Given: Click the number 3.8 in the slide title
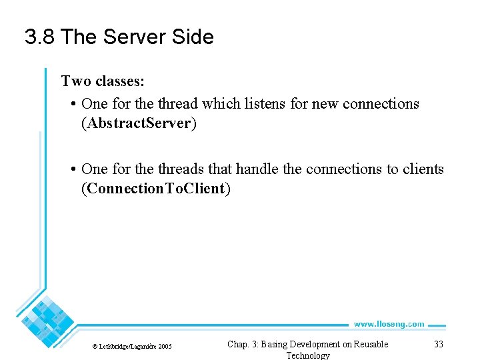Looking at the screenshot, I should pos(39,37).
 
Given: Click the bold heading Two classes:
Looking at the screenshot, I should pos(103,81).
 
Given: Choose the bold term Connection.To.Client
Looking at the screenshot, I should pos(155,189).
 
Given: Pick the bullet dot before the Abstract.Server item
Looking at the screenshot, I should pos(72,105).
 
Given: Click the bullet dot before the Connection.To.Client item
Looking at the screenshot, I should pos(72,170).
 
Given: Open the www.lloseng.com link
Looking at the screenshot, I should pos(389,324).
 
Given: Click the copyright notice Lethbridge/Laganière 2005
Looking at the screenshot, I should pos(131,346).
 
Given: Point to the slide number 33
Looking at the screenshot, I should pos(438,344).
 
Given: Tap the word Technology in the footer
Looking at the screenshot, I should pos(307,355).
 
